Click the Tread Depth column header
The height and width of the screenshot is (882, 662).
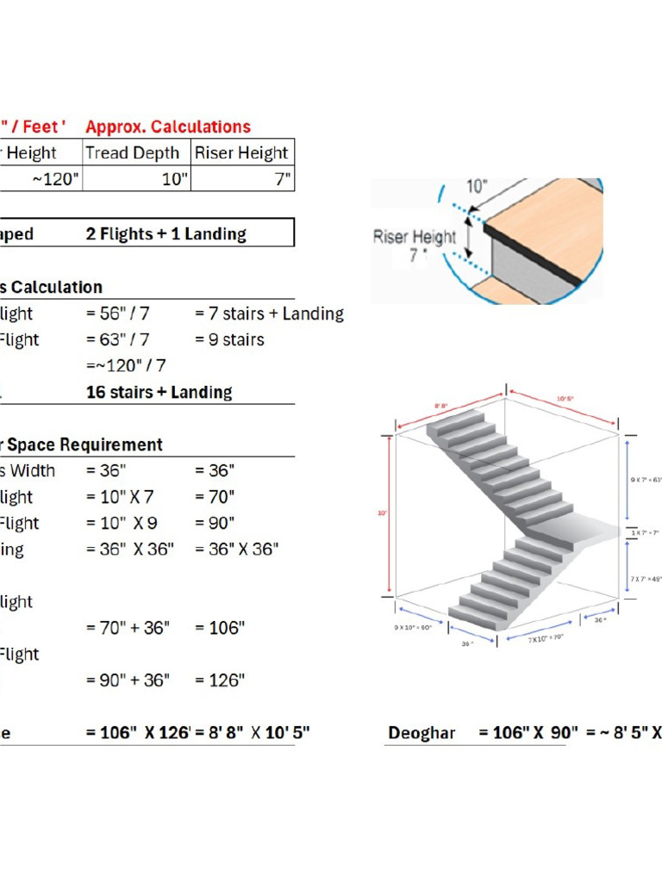tap(132, 153)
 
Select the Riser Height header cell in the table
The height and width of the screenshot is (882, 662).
tap(241, 153)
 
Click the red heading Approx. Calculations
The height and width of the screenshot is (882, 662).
tap(168, 127)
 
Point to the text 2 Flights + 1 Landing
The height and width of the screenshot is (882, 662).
tap(165, 233)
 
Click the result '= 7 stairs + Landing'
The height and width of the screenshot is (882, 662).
tap(269, 314)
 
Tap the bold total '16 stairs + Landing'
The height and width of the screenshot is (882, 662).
tap(159, 392)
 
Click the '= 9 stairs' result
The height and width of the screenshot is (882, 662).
tap(229, 339)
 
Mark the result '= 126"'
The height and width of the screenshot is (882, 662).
tap(220, 680)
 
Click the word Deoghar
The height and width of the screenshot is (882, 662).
tap(422, 734)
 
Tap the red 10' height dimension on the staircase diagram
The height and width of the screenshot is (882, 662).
tap(381, 514)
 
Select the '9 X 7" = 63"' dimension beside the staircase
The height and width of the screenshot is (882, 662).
tap(645, 477)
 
